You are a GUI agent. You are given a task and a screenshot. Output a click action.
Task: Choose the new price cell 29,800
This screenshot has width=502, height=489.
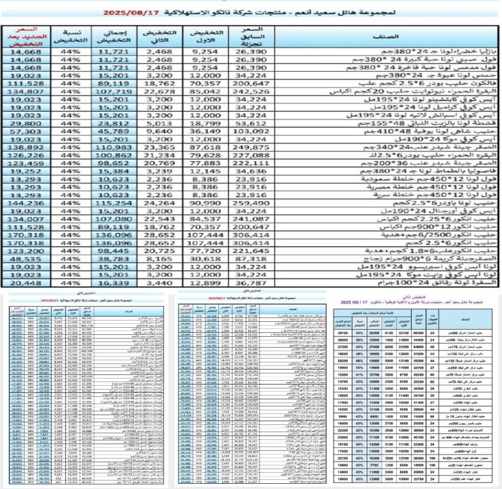pos(25,123)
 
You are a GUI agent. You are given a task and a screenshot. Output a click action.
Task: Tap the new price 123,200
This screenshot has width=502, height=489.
pos(25,251)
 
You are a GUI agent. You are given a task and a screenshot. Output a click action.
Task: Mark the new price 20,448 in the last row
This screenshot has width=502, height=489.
pos(25,283)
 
